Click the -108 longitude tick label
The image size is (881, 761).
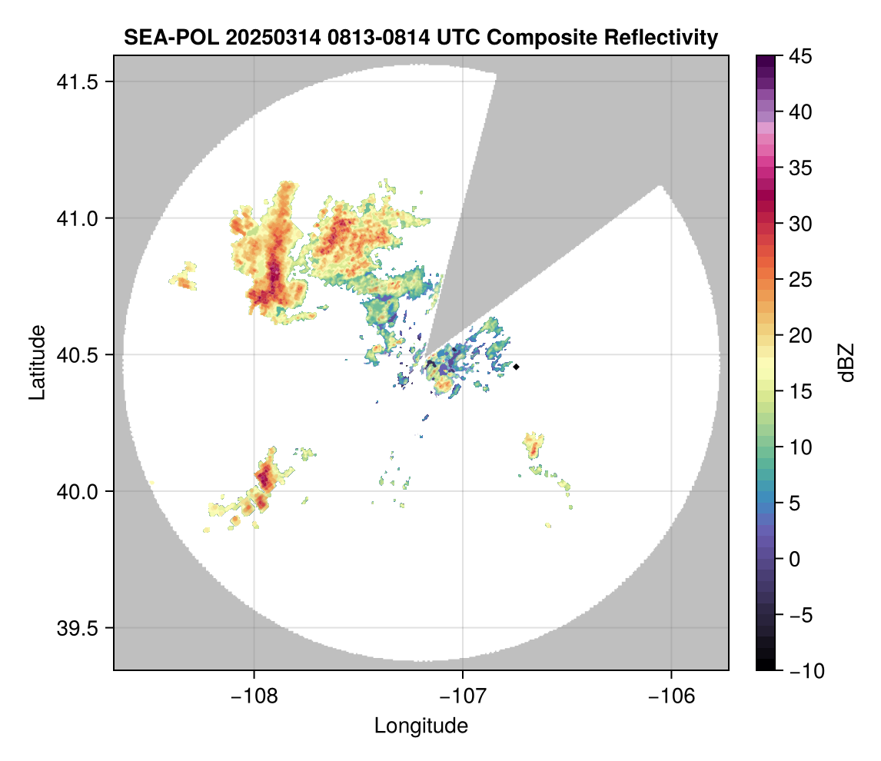[253, 696]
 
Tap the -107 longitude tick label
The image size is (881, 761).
[463, 696]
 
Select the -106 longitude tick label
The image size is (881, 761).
[672, 696]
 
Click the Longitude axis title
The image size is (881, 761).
[421, 725]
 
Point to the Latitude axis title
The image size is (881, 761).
[37, 362]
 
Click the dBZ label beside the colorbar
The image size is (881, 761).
[846, 362]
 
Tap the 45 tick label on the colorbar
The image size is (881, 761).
[800, 56]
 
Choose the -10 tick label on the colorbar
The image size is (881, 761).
[802, 671]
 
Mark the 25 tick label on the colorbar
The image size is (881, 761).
[800, 280]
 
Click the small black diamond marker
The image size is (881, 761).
[517, 367]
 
